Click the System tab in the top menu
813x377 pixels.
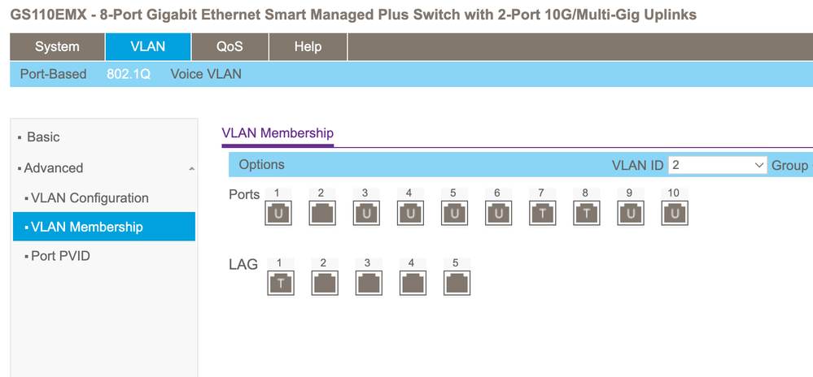coord(57,46)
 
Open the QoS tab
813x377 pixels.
coord(229,46)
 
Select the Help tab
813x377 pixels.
coord(308,46)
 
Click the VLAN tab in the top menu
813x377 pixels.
coord(148,46)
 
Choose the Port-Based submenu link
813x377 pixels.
coord(53,74)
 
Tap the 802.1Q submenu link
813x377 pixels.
coord(129,74)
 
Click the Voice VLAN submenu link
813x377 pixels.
coord(206,74)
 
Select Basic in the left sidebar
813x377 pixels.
coord(43,137)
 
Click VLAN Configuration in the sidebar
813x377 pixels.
coord(90,197)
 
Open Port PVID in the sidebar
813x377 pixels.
coord(60,256)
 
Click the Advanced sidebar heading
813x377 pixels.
coord(54,168)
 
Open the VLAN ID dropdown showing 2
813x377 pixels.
coord(717,165)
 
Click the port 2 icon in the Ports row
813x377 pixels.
coord(322,213)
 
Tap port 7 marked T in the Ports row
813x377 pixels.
coord(542,213)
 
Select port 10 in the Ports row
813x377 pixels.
coord(674,213)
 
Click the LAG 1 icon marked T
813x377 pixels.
coord(280,283)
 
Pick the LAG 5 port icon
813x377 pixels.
coord(456,283)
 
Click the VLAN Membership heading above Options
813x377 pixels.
coord(278,133)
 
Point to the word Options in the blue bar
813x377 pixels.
coord(261,164)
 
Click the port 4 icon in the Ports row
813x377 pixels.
coord(410,213)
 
